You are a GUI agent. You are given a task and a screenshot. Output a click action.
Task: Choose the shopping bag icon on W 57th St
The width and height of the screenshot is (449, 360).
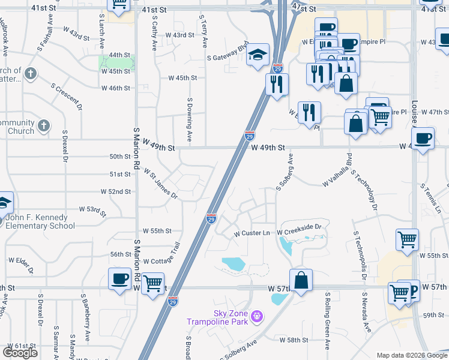click(301, 280)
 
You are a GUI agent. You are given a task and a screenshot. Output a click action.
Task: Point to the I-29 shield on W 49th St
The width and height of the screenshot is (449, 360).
click(249, 136)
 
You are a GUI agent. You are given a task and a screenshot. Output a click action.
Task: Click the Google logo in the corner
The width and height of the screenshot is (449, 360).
click(20, 353)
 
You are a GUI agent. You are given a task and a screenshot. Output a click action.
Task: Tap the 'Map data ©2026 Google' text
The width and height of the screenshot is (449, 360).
click(411, 355)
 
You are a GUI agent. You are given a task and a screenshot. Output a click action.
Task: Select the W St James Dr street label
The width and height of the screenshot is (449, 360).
click(160, 183)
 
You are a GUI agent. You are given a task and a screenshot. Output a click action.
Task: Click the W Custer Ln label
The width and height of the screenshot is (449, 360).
click(253, 233)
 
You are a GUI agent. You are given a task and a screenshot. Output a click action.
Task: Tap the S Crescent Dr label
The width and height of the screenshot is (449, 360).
click(67, 97)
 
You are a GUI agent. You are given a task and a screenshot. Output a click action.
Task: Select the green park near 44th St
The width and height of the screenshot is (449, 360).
click(116, 62)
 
